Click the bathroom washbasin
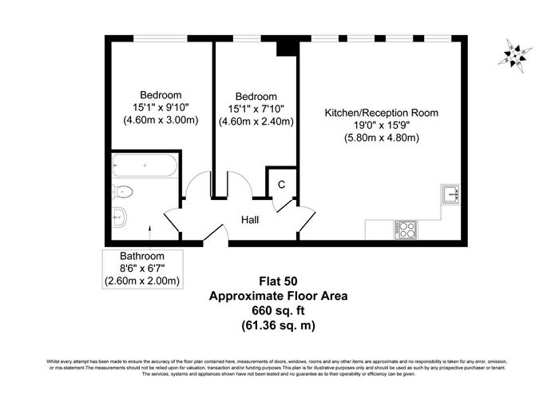[x=120, y=216]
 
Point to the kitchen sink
[x=450, y=194]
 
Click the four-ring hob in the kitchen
[x=405, y=229]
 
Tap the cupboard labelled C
[x=281, y=184]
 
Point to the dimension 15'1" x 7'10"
[x=256, y=109]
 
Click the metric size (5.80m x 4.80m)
[x=381, y=138]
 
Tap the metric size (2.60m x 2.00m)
[x=142, y=281]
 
